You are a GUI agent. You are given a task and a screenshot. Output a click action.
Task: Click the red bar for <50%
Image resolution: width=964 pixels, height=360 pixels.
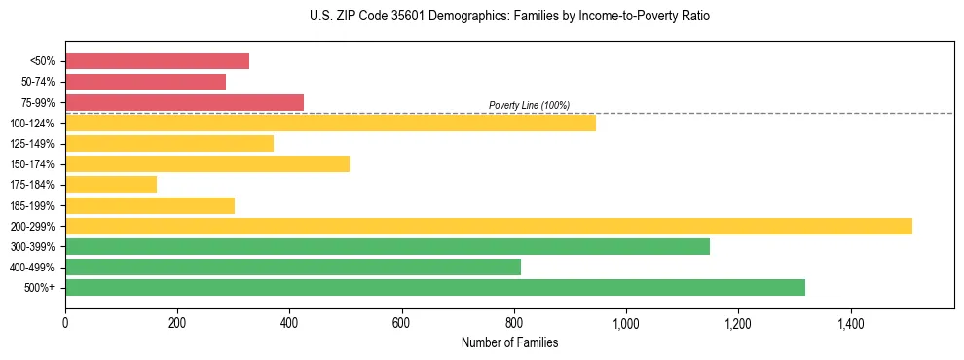157,61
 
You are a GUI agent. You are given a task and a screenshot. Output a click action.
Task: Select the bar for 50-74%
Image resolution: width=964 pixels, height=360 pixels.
145,82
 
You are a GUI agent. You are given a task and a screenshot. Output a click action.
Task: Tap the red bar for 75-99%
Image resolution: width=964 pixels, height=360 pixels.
184,102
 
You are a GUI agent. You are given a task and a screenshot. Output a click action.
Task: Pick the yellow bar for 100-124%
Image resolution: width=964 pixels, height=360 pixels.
330,123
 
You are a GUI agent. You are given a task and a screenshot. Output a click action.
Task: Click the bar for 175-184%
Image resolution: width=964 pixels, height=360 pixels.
111,185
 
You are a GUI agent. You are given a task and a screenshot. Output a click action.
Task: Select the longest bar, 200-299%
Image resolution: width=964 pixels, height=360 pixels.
488,226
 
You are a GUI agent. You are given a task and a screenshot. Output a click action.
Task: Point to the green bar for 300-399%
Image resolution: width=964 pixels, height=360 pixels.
387,246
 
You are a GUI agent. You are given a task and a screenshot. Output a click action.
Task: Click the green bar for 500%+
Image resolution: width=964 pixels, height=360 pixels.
434,287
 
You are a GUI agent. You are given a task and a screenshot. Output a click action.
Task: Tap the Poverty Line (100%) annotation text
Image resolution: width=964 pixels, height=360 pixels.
529,105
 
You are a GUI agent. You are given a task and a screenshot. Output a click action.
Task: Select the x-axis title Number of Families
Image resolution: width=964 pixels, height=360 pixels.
509,342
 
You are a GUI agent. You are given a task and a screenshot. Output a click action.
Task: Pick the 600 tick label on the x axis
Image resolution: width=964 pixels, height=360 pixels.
401,322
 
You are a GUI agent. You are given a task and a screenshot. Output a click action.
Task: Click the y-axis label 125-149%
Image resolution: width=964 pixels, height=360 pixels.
32,144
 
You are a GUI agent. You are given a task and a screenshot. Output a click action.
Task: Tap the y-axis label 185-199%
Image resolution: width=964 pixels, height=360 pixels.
32,206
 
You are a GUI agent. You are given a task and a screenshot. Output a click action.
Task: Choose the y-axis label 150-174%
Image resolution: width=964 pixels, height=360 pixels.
32,164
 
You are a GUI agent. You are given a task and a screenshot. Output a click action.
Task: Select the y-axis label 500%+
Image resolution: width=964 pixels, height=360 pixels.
39,288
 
